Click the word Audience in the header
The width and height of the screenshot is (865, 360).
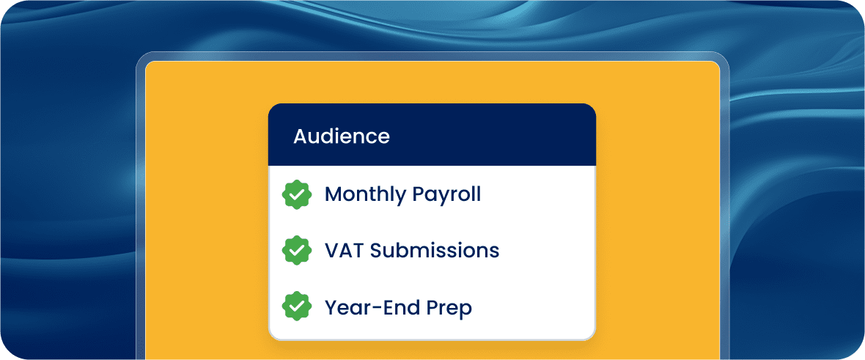click(342, 136)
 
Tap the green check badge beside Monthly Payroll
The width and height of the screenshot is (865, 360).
click(297, 194)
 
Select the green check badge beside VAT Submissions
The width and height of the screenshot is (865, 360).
click(297, 251)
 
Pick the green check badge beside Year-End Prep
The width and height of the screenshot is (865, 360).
click(297, 307)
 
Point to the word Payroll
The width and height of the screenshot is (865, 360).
click(447, 195)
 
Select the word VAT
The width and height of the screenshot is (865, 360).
click(345, 251)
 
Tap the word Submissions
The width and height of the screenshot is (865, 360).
click(435, 251)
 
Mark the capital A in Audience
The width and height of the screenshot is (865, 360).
click(301, 136)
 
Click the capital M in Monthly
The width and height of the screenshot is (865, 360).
click(334, 195)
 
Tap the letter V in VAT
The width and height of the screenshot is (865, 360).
click(332, 251)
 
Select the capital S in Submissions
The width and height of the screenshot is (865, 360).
click(376, 251)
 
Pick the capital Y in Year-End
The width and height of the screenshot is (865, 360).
click(331, 307)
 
